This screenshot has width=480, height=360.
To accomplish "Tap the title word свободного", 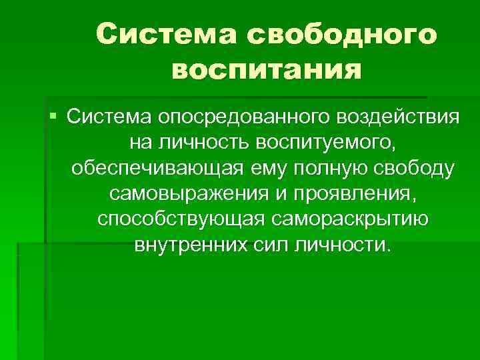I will click(x=343, y=33).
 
